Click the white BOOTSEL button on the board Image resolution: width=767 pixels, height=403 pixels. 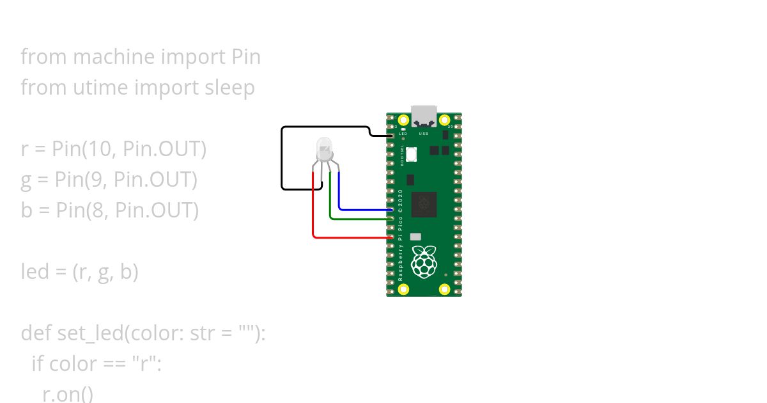pyautogui.click(x=412, y=154)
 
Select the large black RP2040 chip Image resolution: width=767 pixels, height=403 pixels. pyautogui.click(x=424, y=204)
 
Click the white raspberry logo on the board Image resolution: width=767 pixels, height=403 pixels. pyautogui.click(x=424, y=262)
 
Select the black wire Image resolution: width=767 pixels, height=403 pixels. pyautogui.click(x=282, y=160)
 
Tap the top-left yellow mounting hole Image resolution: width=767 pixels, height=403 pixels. pyautogui.click(x=403, y=120)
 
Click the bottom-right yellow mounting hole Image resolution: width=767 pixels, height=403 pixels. pyautogui.click(x=445, y=289)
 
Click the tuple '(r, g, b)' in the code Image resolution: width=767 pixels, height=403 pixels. pyautogui.click(x=105, y=272)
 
